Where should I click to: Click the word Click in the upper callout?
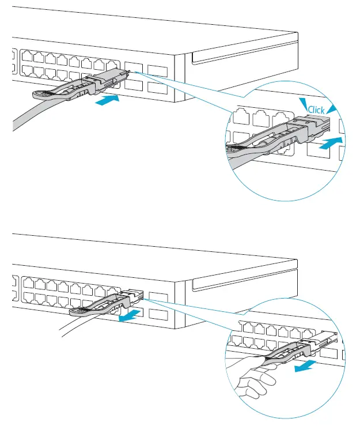[317, 110]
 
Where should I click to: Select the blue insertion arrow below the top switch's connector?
[109, 101]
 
